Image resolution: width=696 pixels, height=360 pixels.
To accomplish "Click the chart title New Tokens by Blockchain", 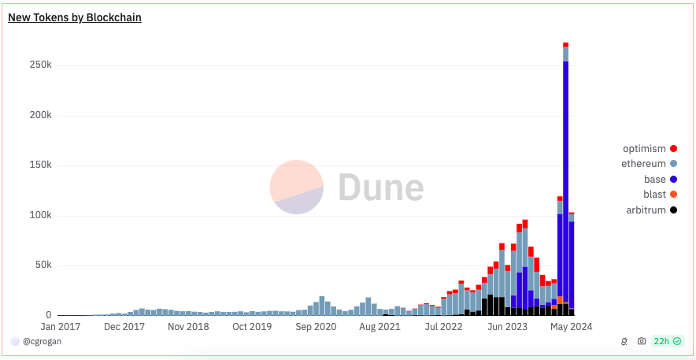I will pyautogui.click(x=75, y=17).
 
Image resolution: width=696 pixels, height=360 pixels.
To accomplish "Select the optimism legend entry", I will pyautogui.click(x=645, y=148).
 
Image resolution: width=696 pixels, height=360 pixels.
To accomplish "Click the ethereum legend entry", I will pyautogui.click(x=645, y=164).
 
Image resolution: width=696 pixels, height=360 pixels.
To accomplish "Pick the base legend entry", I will pyautogui.click(x=655, y=179).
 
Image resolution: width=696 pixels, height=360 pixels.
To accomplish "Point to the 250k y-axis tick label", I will pyautogui.click(x=35, y=65).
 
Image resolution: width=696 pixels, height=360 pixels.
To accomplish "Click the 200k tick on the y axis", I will pyautogui.click(x=35, y=115).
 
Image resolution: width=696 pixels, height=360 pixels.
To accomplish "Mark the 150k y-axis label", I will pyautogui.click(x=35, y=165).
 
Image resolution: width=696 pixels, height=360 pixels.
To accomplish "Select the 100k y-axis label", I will pyautogui.click(x=35, y=215).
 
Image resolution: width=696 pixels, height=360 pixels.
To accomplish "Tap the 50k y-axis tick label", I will pyautogui.click(x=39, y=265).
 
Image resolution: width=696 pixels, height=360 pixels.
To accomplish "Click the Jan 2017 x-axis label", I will pyautogui.click(x=59, y=326).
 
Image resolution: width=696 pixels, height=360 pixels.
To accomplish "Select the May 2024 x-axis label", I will pyautogui.click(x=571, y=326).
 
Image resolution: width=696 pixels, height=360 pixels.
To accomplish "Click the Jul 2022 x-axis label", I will pyautogui.click(x=442, y=326).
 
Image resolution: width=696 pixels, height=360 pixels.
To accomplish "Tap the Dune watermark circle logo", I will pyautogui.click(x=297, y=187).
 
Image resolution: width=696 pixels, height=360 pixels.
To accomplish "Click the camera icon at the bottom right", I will pyautogui.click(x=642, y=341).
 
